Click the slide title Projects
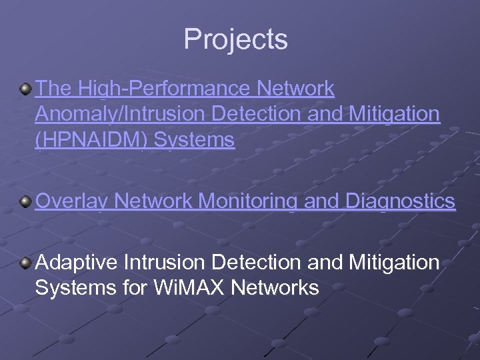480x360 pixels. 236,39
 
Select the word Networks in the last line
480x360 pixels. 279,288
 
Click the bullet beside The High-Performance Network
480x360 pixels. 25,89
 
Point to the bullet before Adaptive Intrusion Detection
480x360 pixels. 25,263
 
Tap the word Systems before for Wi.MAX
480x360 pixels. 74,288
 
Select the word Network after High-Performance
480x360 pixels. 295,88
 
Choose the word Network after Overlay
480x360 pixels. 155,201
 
